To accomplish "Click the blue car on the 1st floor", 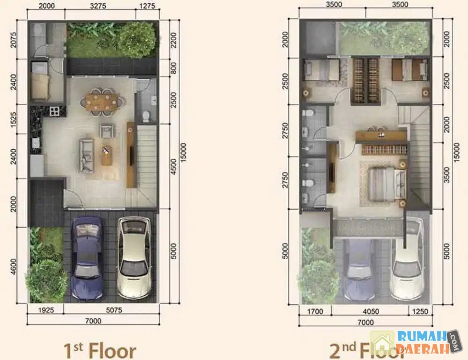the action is tap(87, 258).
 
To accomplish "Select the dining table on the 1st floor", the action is tap(101, 102).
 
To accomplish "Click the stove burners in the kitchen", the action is tap(54, 111).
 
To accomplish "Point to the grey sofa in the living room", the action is tap(86, 156).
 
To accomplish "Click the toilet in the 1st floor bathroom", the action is tap(146, 116).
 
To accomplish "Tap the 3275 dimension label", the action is tap(98, 6).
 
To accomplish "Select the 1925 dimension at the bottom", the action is tap(46, 310).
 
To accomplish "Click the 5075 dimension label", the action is tap(114, 310).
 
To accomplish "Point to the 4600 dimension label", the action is tap(14, 267).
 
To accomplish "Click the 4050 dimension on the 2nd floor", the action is tap(371, 312).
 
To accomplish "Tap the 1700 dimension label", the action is tap(315, 312).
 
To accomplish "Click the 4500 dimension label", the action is tap(174, 167).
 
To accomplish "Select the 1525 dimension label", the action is tap(14, 120).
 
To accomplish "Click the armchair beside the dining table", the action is tap(107, 131).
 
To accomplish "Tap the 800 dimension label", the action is tap(174, 68).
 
